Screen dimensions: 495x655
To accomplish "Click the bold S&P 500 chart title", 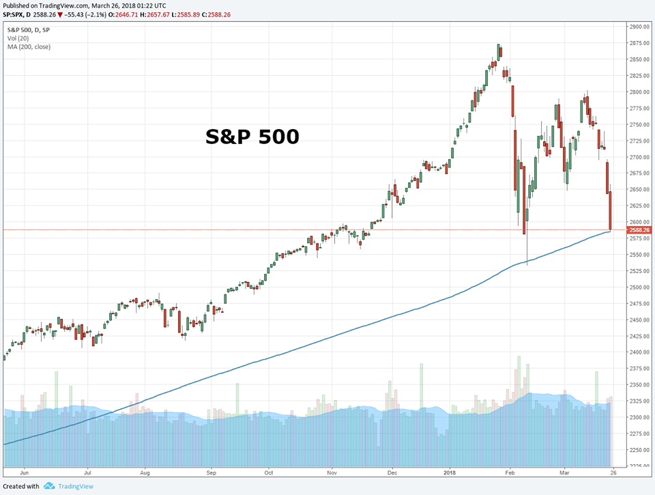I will [x=252, y=137].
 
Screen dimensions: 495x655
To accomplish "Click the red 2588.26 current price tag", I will [x=641, y=230].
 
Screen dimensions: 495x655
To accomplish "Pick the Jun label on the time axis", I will [x=25, y=471].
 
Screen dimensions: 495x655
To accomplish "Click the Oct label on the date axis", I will [x=270, y=471].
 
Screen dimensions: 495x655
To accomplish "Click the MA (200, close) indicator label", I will [x=29, y=46].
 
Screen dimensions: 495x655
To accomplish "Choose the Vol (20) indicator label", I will [x=19, y=38].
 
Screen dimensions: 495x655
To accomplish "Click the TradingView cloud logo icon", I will [x=49, y=486].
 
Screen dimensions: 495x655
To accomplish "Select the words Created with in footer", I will [x=21, y=486].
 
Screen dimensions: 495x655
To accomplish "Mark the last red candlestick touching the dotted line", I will [x=610, y=210].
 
